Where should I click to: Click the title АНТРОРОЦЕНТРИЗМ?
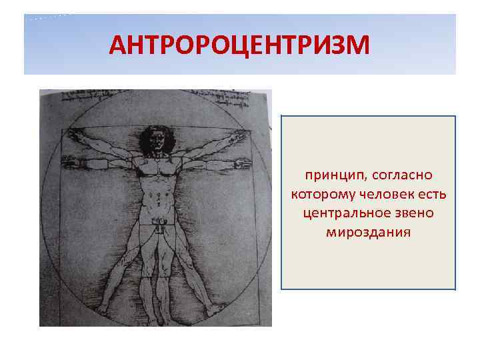pos(239,45)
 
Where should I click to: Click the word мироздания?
pos(369,233)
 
